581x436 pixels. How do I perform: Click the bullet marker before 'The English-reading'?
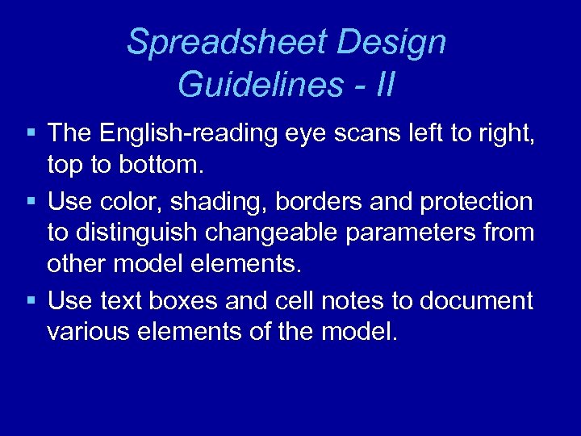click(30, 131)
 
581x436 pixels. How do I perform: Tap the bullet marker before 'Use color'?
click(30, 201)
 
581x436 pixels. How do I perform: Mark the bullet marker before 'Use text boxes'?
click(30, 301)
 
